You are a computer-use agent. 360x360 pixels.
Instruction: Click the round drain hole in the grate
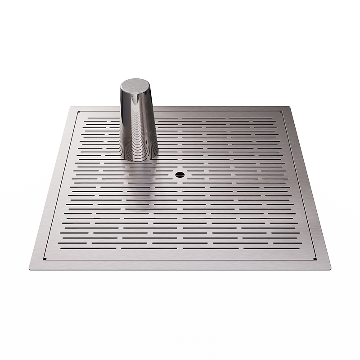[x=180, y=174]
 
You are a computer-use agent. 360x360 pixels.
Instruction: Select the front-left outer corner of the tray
[x=30, y=269]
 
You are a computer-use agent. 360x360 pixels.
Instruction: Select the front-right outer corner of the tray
[x=330, y=269]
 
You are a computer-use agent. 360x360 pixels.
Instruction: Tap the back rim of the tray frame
[x=202, y=109]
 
